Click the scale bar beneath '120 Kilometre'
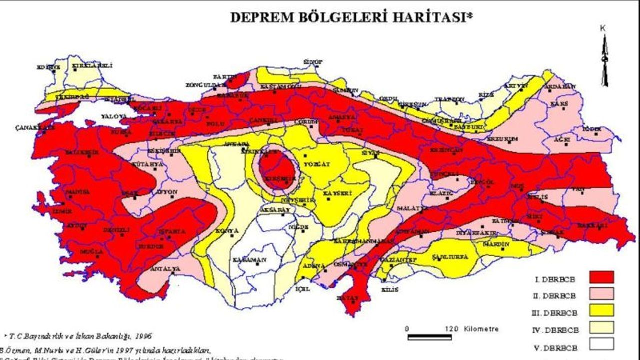point(430,337)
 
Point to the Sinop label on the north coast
point(313,62)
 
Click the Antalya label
point(165,269)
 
